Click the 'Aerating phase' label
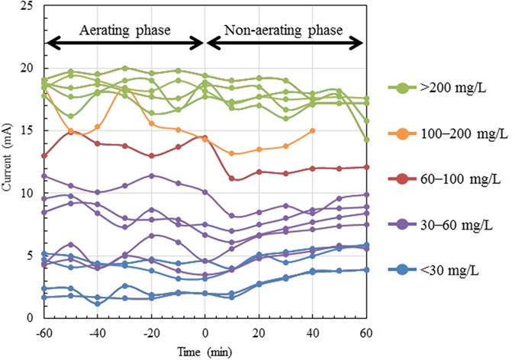coord(125,31)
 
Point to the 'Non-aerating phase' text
coord(283,31)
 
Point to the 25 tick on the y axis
coord(28,6)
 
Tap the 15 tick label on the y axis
coord(28,131)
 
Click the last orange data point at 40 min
coord(313,130)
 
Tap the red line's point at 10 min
coord(232,178)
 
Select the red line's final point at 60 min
coord(366,167)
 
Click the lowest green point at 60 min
coord(366,140)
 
